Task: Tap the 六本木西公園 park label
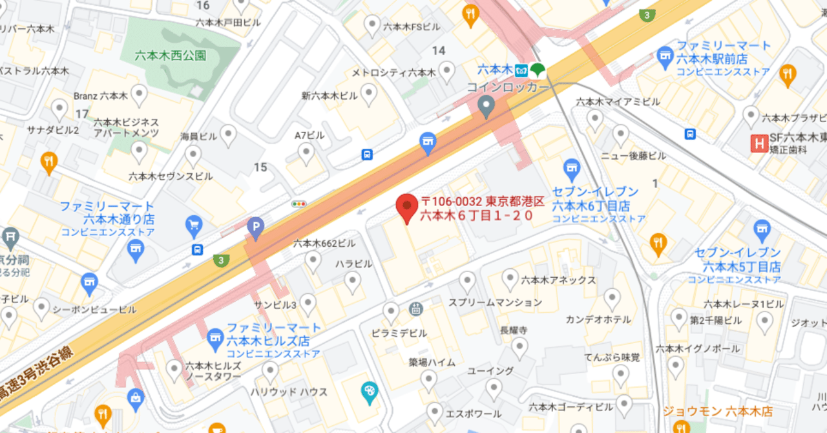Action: point(171,56)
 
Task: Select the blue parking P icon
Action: point(256,227)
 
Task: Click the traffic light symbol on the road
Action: point(298,204)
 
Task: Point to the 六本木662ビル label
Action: point(324,244)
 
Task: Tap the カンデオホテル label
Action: point(598,320)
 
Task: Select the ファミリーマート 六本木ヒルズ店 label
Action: point(273,334)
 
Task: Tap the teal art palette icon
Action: point(370,390)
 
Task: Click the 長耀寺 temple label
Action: point(514,330)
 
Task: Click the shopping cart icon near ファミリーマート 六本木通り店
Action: point(193,226)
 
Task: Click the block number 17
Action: point(81,114)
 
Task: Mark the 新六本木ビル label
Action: point(329,96)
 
